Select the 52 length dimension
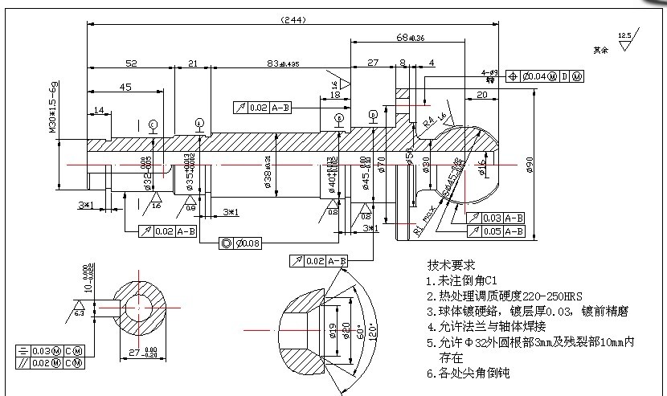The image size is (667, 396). click(130, 63)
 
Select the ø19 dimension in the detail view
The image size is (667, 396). click(333, 330)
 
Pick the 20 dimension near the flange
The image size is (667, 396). click(482, 95)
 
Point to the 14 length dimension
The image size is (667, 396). click(99, 110)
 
